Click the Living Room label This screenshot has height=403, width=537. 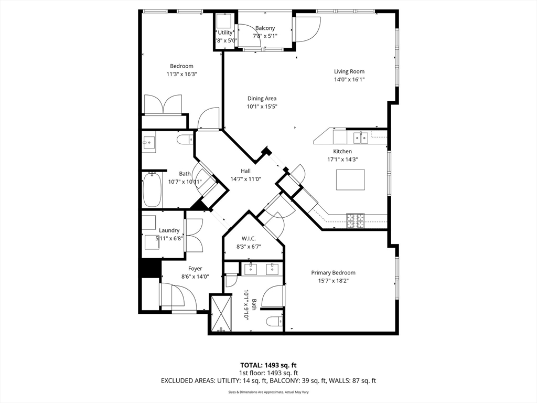click(x=349, y=71)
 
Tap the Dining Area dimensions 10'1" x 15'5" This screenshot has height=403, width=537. click(x=262, y=107)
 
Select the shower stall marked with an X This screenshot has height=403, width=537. click(x=221, y=313)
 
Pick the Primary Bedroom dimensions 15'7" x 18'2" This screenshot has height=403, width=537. click(x=333, y=281)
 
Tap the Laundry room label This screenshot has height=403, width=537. click(x=169, y=230)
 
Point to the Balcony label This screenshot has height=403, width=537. click(x=265, y=28)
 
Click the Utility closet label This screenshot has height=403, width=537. click(x=225, y=33)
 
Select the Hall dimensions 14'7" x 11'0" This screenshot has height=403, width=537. click(x=245, y=179)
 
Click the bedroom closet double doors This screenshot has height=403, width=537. click(x=163, y=104)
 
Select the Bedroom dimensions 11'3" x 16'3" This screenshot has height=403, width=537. click(x=181, y=74)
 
